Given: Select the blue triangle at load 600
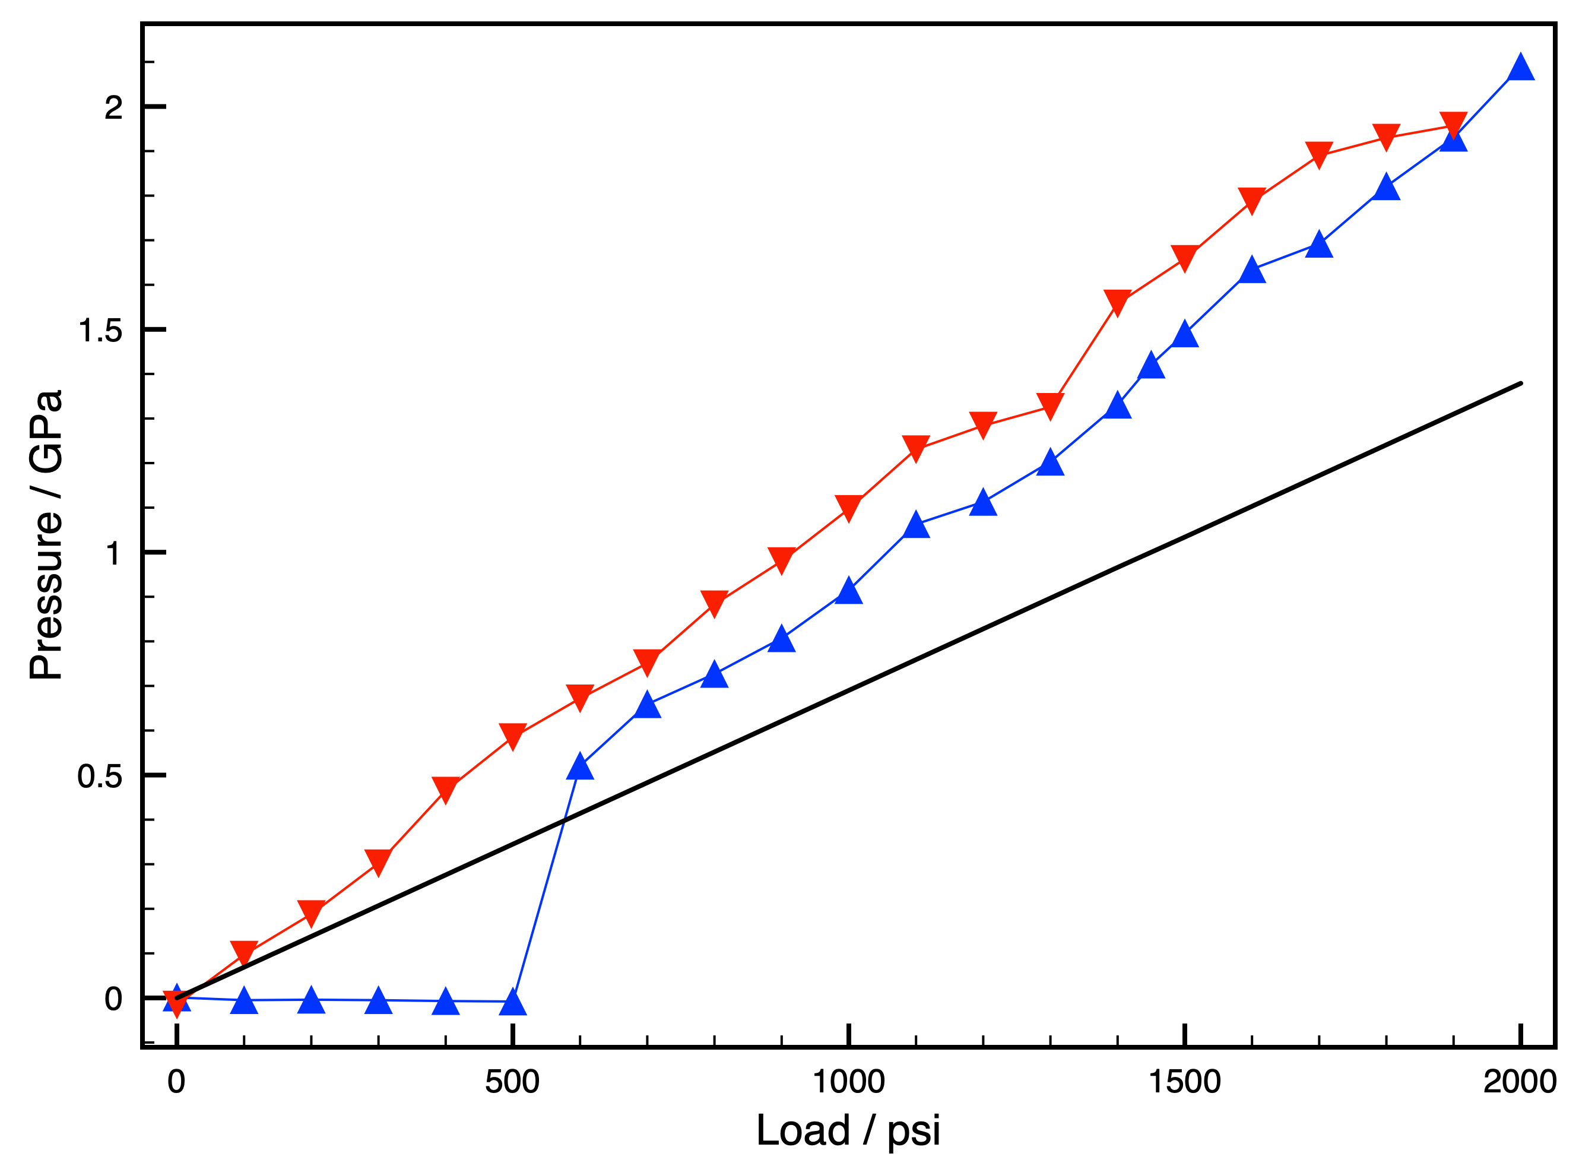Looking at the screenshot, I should coord(580,766).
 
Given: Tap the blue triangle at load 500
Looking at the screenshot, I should coord(513,1002).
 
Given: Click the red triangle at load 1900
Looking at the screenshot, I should coord(1453,124).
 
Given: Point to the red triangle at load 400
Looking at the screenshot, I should coord(446,788).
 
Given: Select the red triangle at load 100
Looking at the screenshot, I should coord(244,952).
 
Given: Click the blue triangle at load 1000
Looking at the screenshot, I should coord(849,591).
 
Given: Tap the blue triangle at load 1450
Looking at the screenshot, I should coord(1152,366).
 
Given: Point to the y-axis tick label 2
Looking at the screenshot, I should coord(113,108).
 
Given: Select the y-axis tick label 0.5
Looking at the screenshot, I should coord(100,777).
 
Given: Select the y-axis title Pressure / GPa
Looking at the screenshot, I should coord(46,534).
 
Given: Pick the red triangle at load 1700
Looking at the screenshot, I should coord(1318,153).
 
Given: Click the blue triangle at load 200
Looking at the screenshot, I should coord(311,1000).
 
